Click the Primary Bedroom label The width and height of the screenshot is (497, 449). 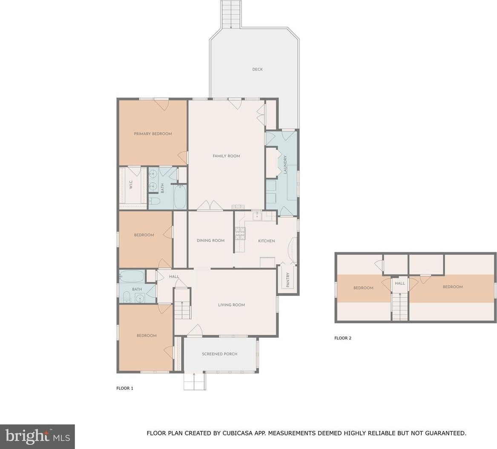tap(153, 134)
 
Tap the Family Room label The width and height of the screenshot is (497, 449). tap(226, 156)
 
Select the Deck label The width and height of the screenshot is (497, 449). tap(257, 69)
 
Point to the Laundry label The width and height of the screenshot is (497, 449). tap(285, 164)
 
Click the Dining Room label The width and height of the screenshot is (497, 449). tap(210, 240)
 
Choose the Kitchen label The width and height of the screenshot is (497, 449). tap(267, 241)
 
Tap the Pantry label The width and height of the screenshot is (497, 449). tap(288, 280)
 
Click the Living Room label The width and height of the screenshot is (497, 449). tap(231, 305)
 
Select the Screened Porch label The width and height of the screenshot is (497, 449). tap(220, 354)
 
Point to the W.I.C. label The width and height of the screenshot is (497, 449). tap(131, 185)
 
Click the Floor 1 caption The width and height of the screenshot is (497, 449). tap(125, 388)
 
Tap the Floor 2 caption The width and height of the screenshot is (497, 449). tap(343, 338)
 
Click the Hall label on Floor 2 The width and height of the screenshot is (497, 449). tap(400, 283)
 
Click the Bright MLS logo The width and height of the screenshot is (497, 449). tap(37, 437)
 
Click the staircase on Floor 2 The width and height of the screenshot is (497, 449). tap(400, 306)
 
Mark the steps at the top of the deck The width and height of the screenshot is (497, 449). tap(231, 14)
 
